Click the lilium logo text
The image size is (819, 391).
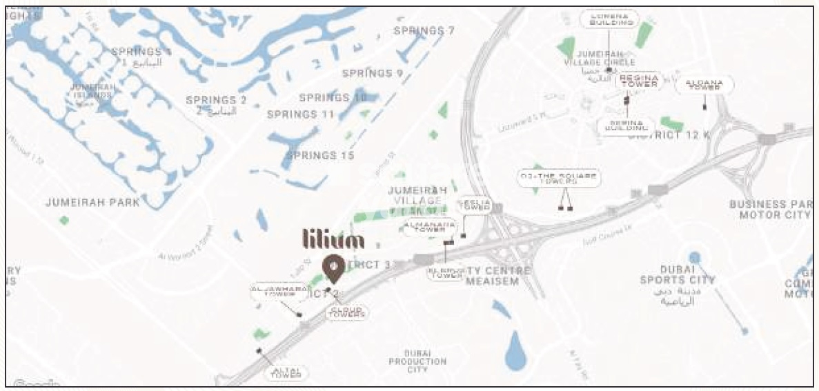334,239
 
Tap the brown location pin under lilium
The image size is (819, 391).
334,268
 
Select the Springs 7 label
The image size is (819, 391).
424,31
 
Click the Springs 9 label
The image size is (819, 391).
373,73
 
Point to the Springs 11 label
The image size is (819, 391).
301,114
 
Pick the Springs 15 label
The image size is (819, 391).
320,156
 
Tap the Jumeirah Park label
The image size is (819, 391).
92,203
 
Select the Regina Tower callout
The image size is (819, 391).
638,81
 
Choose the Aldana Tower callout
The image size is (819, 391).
704,86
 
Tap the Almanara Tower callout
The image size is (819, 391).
430,227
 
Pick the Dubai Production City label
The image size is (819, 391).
417,361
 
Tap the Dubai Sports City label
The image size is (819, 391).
677,274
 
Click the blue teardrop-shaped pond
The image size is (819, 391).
515,350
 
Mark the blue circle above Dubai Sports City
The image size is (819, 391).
694,257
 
